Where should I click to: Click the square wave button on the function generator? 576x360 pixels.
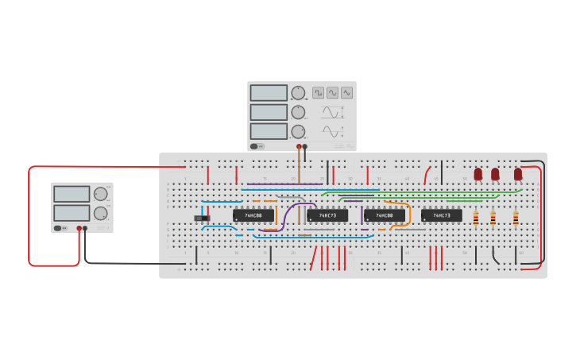(x=318, y=93)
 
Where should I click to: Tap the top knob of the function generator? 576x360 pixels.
(x=298, y=93)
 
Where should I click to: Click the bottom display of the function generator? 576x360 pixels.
(x=269, y=131)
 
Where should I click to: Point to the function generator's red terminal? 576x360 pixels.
(x=299, y=147)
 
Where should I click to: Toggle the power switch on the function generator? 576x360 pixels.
(x=254, y=146)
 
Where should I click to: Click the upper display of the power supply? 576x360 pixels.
(x=72, y=194)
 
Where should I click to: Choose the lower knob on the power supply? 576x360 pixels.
(x=100, y=213)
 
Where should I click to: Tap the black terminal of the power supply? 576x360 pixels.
(x=85, y=228)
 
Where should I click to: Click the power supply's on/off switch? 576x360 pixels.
(x=58, y=228)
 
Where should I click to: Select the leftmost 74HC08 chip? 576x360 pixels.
(x=253, y=215)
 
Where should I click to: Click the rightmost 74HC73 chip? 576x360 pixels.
(x=442, y=215)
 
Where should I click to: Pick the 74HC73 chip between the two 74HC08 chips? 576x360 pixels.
(x=327, y=215)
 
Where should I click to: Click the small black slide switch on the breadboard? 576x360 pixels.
(x=203, y=218)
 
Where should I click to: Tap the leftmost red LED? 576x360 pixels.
(x=478, y=173)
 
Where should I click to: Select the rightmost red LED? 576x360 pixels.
(x=518, y=173)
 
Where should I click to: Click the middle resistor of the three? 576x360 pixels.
(x=493, y=217)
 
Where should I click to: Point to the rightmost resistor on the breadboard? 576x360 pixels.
(x=516, y=217)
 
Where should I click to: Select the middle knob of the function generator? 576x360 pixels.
(x=298, y=112)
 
